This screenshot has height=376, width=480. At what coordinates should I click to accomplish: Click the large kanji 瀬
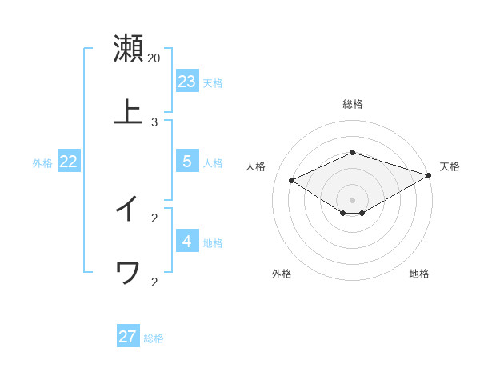tap(128, 49)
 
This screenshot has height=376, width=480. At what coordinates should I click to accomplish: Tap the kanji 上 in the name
tap(128, 113)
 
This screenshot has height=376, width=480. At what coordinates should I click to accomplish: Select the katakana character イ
tap(128, 209)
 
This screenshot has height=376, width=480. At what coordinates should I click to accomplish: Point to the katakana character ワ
tap(128, 273)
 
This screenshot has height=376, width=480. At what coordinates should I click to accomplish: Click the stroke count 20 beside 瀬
tap(154, 58)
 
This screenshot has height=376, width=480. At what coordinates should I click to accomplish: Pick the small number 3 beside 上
tap(154, 122)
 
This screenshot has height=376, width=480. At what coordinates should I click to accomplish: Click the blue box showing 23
tap(187, 82)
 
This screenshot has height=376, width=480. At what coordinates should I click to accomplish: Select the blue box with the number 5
tap(187, 162)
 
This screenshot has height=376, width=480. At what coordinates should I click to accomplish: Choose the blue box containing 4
tap(187, 242)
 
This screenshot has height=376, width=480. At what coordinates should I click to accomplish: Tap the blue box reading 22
tap(69, 162)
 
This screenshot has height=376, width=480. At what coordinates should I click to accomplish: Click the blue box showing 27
tap(128, 337)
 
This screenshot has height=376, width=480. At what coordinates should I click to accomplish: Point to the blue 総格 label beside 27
tap(154, 338)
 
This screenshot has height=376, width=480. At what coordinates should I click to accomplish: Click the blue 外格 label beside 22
tap(42, 163)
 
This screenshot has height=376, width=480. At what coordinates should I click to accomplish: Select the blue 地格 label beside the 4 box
tap(213, 243)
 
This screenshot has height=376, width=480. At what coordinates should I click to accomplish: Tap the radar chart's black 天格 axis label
tap(450, 166)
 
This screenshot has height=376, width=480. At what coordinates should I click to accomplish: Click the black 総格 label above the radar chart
tap(353, 104)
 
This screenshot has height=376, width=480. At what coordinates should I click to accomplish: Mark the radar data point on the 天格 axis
tap(429, 175)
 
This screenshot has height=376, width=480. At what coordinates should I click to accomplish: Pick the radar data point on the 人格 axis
tap(292, 181)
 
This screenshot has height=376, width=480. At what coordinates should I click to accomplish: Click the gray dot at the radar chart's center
tap(353, 200)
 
